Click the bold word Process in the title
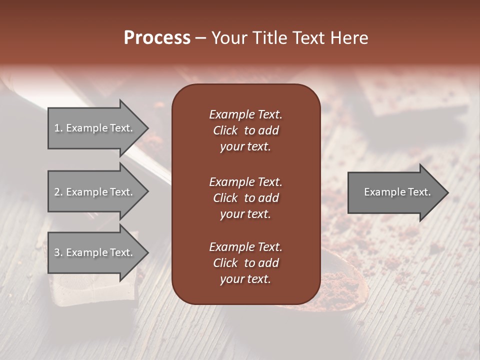click(x=157, y=38)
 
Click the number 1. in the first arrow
click(x=58, y=128)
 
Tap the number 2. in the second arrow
click(x=58, y=192)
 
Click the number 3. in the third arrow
click(x=58, y=252)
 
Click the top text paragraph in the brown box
click(x=245, y=130)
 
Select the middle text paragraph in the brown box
click(x=245, y=198)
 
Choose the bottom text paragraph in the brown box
click(x=245, y=263)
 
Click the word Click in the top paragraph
click(x=225, y=130)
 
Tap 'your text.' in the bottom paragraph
click(x=245, y=279)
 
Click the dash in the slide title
click(x=200, y=38)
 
